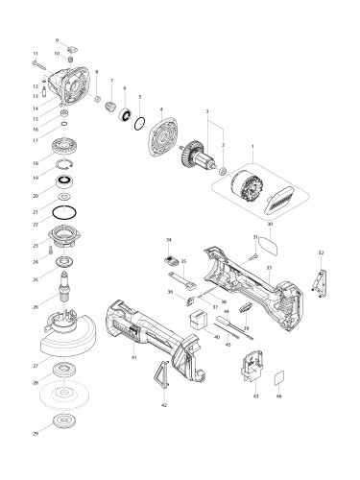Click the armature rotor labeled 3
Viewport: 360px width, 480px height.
[x=199, y=155]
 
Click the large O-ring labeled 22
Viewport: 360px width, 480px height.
[x=64, y=210]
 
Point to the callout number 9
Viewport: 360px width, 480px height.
[x=57, y=40]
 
